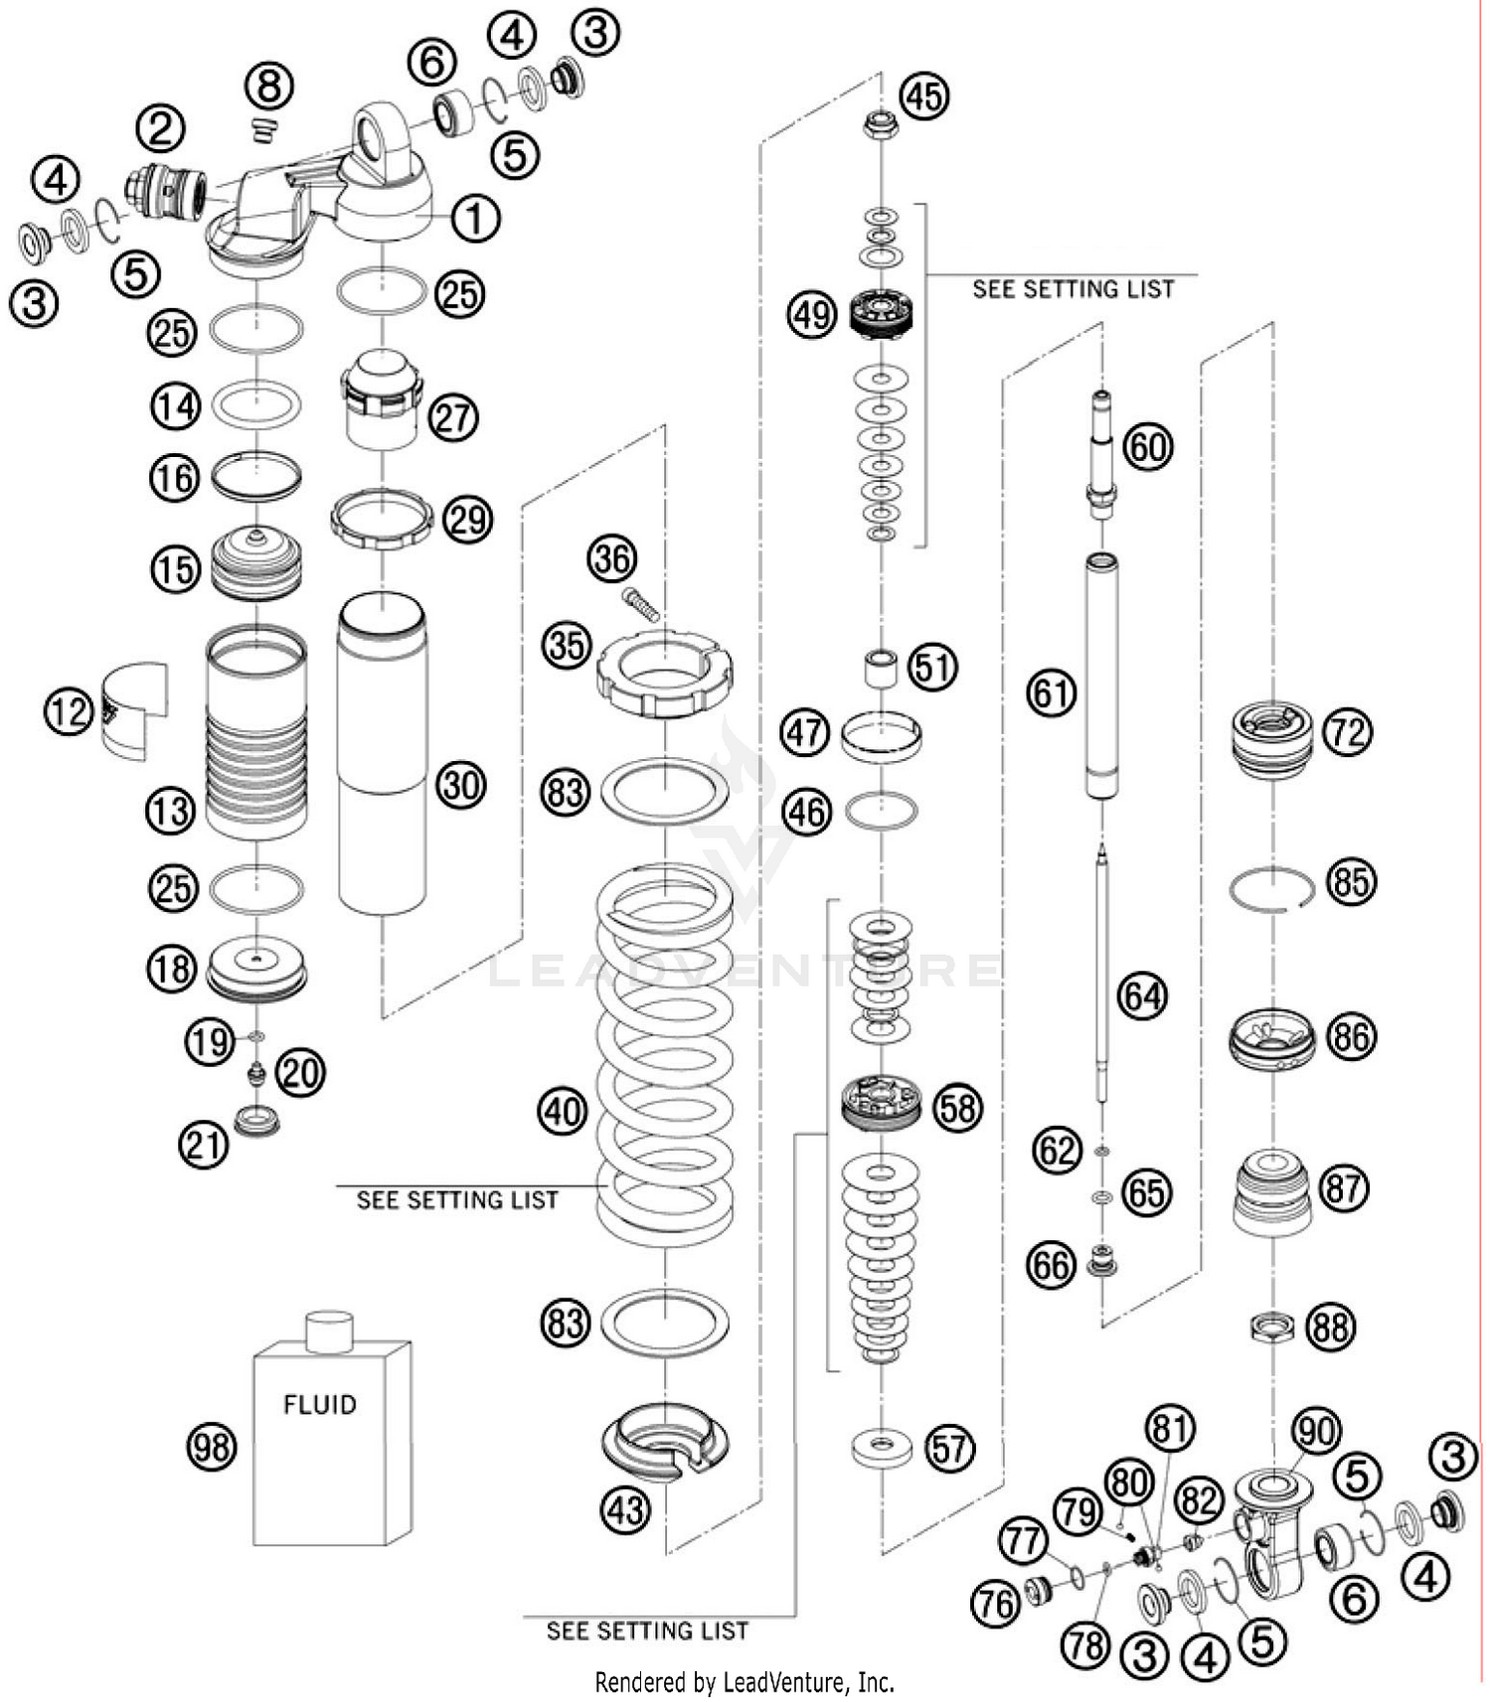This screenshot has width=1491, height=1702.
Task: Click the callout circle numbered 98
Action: point(212,1447)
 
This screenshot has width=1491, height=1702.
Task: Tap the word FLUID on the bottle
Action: point(319,1404)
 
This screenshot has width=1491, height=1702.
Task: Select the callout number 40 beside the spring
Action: point(563,1110)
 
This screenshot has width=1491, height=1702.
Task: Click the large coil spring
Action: point(664,1053)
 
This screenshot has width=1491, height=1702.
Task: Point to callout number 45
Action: point(924,96)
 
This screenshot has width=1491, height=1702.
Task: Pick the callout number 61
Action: point(1051,692)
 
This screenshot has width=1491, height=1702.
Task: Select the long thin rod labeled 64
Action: point(1101,974)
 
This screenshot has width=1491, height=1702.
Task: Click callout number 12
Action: point(69,711)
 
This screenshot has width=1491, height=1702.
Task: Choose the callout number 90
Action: point(1316,1431)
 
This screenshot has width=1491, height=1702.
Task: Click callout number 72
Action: point(1347,733)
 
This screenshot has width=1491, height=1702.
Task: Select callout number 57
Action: point(949,1448)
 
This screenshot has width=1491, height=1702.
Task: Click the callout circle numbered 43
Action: point(625,1510)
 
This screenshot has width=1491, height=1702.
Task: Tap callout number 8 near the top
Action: point(269,86)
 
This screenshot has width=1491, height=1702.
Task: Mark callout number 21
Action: point(204,1145)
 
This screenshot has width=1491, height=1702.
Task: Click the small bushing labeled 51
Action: point(879,668)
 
